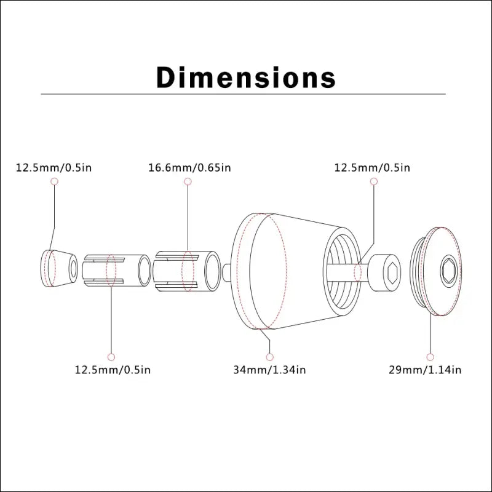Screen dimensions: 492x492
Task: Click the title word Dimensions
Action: tap(246, 77)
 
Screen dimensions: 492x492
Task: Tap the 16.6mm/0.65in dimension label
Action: tap(189, 167)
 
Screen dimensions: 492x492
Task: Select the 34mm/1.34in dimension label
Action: tap(269, 370)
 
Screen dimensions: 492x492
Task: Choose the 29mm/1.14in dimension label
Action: tap(425, 370)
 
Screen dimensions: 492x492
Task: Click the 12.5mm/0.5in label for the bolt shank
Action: tap(372, 167)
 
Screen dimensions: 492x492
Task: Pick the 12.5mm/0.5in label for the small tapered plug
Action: tap(54, 167)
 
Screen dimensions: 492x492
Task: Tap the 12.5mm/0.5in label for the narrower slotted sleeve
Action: tap(113, 370)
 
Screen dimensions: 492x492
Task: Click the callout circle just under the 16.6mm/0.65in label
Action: tap(188, 181)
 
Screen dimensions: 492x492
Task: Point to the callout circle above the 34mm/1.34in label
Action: tap(269, 357)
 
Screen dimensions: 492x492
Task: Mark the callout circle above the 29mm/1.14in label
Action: tap(430, 357)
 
